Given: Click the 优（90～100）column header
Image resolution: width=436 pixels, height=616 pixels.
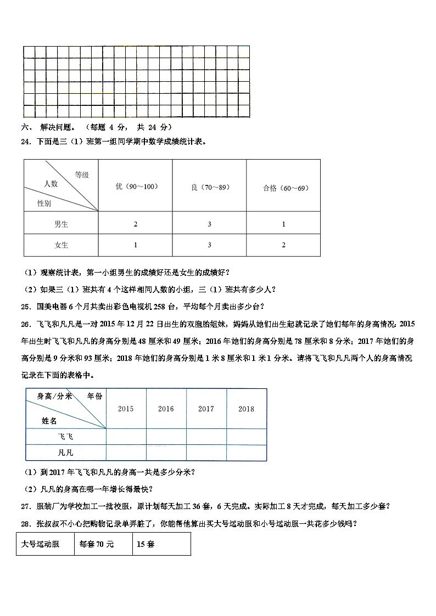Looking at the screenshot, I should point(135,187).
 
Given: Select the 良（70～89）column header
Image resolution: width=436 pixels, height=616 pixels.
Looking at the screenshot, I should point(209,187).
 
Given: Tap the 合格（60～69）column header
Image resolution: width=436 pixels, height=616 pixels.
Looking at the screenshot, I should point(283,188).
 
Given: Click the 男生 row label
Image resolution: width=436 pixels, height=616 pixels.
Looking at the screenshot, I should point(61,224).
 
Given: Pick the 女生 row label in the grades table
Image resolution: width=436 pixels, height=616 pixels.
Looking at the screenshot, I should point(61,245).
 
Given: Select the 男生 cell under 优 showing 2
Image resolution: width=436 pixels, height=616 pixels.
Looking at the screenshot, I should point(135,224).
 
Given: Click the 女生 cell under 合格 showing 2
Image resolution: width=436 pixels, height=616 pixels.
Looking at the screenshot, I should point(283,245).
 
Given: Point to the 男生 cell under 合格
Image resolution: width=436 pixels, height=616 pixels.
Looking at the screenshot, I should point(283,224).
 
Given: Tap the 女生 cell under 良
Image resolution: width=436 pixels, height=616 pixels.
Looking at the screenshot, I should point(209,245).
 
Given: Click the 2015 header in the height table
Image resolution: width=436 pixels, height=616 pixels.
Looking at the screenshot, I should point(126,409).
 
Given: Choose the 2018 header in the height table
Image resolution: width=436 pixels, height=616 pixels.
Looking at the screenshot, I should point(247,409).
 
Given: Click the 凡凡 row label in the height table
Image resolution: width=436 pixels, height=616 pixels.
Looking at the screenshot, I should point(65,453).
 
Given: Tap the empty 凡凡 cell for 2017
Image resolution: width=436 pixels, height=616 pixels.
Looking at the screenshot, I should point(206,453).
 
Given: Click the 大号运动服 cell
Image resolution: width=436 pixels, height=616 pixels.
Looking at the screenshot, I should point(45,544).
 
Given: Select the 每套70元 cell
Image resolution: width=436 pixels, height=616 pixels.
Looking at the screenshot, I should point(103,544).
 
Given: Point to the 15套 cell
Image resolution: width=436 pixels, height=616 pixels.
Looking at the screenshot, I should point(161,544).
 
